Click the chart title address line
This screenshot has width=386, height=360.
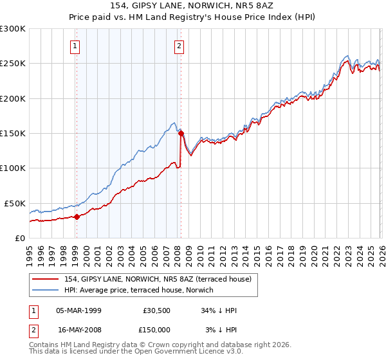point(193,5)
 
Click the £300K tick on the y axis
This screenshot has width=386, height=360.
point(13,29)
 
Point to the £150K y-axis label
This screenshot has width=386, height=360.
point(13,134)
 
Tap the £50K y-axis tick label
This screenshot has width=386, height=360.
point(15,203)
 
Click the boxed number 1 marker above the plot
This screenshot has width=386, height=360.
point(76,46)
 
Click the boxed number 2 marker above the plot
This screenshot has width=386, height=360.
point(178,46)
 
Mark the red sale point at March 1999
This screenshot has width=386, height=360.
point(77,217)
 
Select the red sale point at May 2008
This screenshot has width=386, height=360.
point(181,134)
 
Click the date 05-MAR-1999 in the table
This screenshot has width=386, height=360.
point(78,310)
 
